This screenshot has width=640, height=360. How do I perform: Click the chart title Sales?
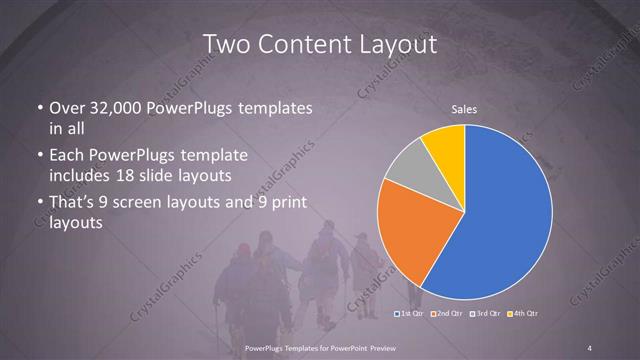(x=464, y=109)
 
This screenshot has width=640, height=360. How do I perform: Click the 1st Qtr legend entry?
(x=410, y=314)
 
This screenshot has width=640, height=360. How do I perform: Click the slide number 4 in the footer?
(x=590, y=347)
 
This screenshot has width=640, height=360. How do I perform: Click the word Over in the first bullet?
(x=67, y=108)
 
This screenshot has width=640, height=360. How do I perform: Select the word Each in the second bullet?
(x=67, y=156)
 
